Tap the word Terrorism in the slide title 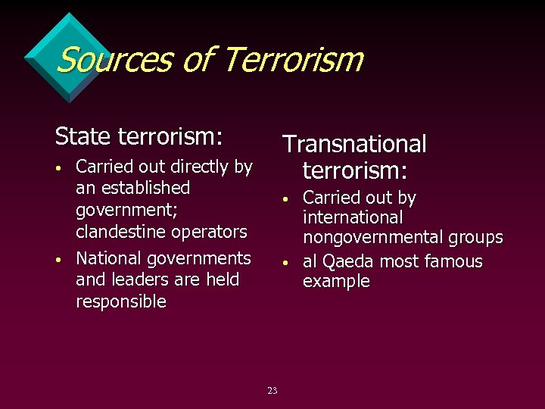coord(294,59)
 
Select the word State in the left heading coord(83,137)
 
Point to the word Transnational coord(354,144)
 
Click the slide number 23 coord(272,391)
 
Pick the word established coord(142,187)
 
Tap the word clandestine coord(122,231)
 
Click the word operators coord(210,231)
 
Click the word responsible coord(121,301)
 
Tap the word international coord(353,218)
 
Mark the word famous coord(453,262)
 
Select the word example coord(336,282)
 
